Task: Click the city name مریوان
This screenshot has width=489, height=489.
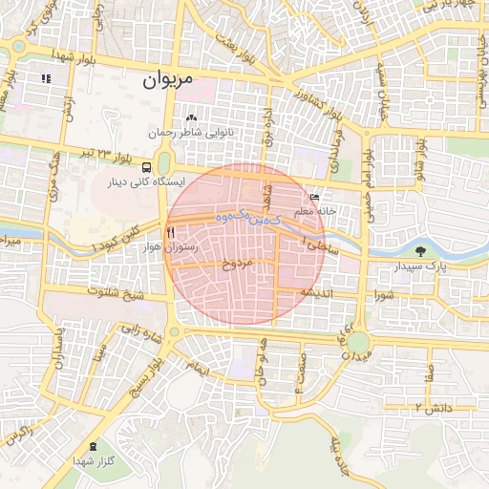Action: coord(167,80)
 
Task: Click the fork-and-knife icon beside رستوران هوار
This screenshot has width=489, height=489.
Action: coord(170,232)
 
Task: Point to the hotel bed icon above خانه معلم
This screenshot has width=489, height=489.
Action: coord(315,196)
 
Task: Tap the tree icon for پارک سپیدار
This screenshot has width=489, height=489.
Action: coord(420,251)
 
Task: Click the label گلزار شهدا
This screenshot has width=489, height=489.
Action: coord(93,462)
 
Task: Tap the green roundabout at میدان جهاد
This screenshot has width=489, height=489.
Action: coord(358,341)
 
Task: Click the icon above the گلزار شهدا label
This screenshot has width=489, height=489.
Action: coord(93,447)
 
